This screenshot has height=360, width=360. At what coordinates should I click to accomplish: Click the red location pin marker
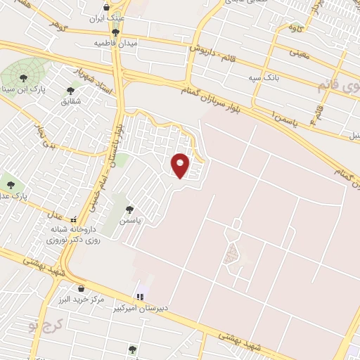coord(181,165)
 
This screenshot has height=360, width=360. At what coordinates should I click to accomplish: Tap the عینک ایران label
coord(115,18)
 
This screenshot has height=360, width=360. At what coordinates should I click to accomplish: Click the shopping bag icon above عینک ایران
coord(106,8)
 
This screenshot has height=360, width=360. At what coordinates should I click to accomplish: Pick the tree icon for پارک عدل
coord(11,185)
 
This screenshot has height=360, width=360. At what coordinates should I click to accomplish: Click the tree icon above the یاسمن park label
coord(129,209)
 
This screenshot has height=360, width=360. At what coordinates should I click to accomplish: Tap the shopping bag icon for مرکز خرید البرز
coord(82,288)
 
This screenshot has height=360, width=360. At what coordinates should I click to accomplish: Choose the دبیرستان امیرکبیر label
coord(162,308)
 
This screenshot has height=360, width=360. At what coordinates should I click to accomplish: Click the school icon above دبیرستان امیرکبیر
coord(140,297)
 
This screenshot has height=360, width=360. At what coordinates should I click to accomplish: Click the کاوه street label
coord(293,27)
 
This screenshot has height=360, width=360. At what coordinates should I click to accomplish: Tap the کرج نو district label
coord(41,325)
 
